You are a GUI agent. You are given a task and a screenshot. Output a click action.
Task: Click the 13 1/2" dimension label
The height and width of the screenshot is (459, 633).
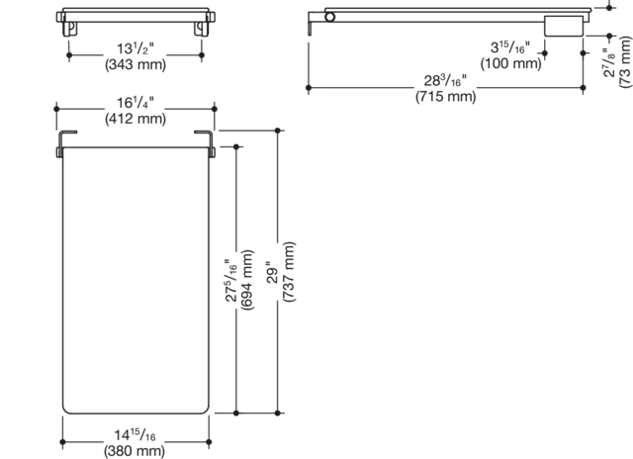pos(136,48)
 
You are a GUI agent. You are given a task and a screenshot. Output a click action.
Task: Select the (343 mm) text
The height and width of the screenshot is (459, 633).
pos(136,64)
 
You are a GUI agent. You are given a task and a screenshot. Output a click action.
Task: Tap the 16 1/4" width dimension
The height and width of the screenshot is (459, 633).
pos(136,103)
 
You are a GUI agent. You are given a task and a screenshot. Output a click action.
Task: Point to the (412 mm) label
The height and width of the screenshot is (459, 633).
pos(136,119)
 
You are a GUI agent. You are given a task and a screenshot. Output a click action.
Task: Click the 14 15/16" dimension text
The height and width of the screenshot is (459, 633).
pos(135,435)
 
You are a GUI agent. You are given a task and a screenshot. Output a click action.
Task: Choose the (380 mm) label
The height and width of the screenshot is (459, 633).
pos(135,451)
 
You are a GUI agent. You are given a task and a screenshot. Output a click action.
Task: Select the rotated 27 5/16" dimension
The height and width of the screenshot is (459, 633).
pos(231,280)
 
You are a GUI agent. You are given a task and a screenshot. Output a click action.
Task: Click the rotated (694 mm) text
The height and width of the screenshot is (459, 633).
pos(246,280)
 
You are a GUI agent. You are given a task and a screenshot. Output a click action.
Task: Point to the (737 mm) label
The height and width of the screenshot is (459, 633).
pos(289,272)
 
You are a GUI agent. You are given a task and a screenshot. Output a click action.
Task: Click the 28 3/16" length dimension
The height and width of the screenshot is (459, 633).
pos(445,81)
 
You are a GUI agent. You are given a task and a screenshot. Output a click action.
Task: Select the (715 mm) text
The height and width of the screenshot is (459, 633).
pos(446,97)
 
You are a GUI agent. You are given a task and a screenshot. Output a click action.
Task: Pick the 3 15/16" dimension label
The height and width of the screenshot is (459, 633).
pos(510,47)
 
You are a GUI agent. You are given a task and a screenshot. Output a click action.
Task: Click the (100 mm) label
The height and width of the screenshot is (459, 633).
pos(510,63)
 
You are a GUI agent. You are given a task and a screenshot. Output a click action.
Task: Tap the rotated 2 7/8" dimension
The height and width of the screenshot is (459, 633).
pos(609,62)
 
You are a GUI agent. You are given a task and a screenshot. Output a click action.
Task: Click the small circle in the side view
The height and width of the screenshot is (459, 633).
pos(329,17)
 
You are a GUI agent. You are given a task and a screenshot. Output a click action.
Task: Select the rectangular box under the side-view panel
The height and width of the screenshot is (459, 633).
pos(564,26)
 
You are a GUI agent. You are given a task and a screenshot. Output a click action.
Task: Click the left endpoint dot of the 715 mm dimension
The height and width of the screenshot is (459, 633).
pos(309,88)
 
